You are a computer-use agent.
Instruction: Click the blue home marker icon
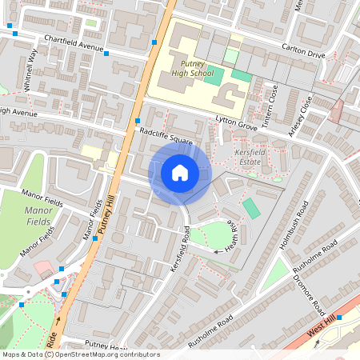[x=180, y=172]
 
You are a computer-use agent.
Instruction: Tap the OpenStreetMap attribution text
[x=80, y=354]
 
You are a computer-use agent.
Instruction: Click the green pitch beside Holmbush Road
[x=251, y=209]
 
